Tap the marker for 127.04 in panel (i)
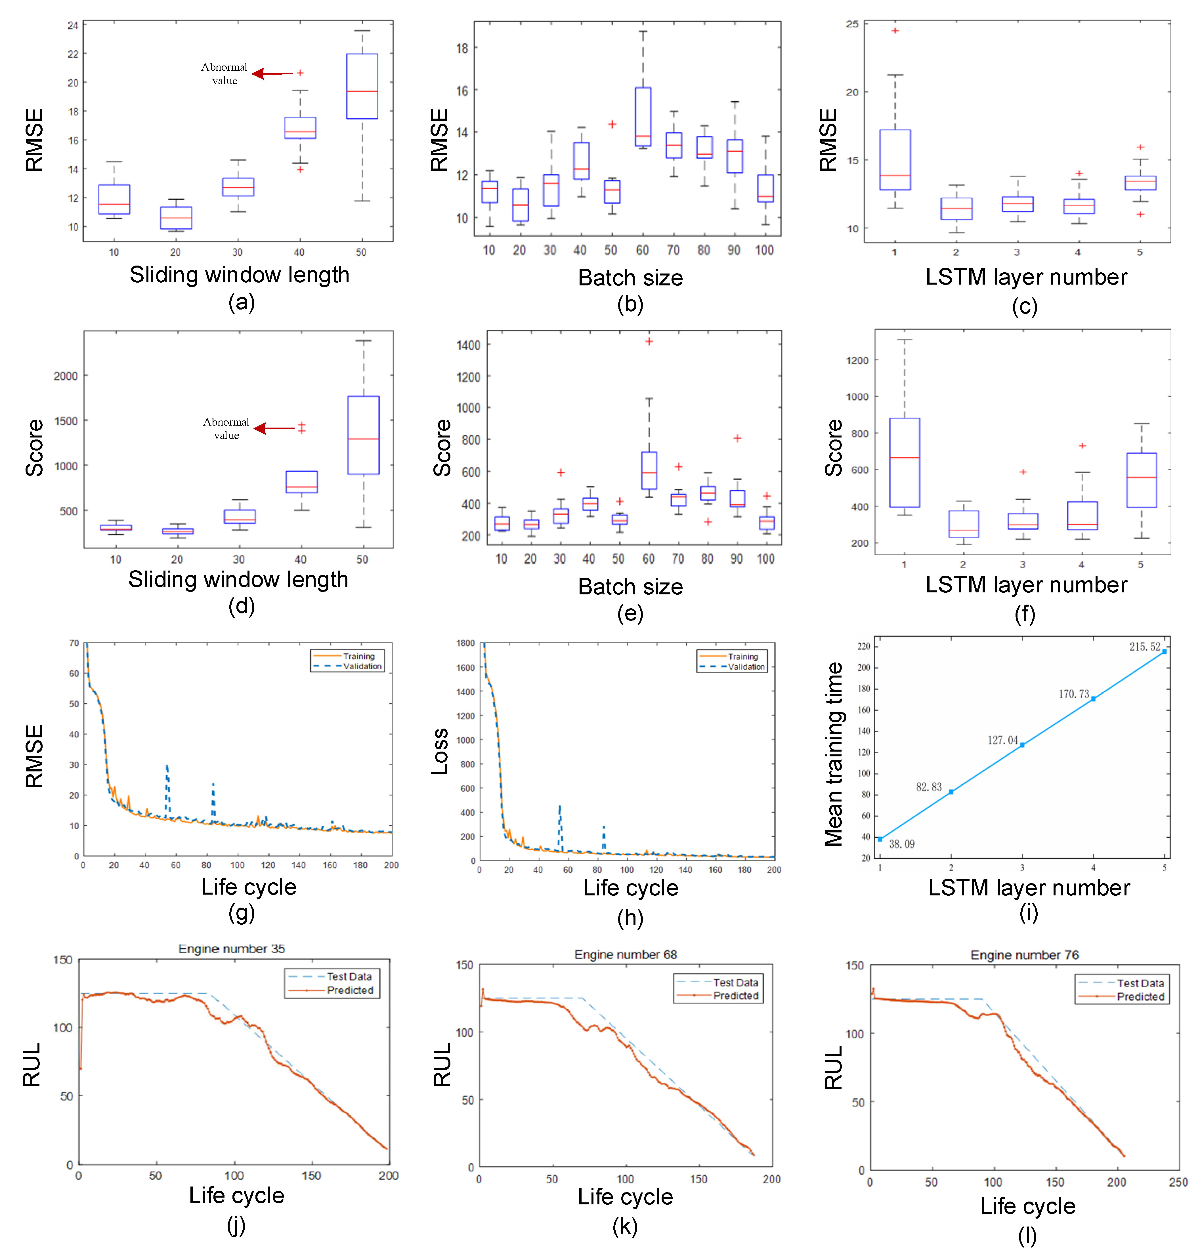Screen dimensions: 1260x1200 click(x=1022, y=745)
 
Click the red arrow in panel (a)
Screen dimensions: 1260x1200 click(x=272, y=73)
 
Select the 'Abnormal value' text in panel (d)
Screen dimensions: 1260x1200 click(x=226, y=428)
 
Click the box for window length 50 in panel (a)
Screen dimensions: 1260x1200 click(x=362, y=86)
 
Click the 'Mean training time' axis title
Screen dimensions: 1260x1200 click(x=834, y=754)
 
